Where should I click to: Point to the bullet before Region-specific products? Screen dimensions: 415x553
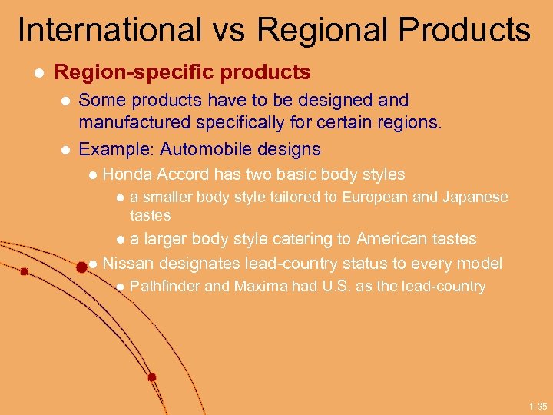(x=35, y=73)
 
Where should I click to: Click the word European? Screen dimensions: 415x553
(x=375, y=198)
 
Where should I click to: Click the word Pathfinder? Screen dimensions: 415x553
(x=164, y=287)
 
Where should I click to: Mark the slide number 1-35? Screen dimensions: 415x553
(x=538, y=406)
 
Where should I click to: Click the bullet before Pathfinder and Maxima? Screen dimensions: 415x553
(x=119, y=287)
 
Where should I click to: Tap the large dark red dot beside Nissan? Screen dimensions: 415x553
(x=81, y=266)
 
